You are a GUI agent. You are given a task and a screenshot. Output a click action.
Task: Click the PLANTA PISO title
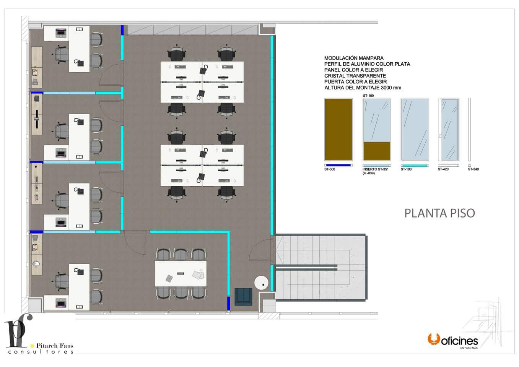(x=439, y=213)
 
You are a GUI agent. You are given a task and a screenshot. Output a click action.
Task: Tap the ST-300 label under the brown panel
(x=330, y=169)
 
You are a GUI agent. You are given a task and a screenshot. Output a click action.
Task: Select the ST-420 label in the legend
(x=443, y=169)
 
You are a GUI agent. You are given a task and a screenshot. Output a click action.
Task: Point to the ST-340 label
(x=473, y=169)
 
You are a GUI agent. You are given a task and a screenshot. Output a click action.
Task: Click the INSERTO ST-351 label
(x=375, y=169)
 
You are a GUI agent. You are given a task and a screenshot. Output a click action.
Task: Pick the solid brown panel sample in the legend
(x=338, y=129)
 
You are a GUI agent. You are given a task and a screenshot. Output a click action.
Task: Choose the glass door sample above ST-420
(x=449, y=129)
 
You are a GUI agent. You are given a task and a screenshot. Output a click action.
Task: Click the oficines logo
(x=453, y=340)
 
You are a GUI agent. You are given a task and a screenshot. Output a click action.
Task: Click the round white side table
(x=262, y=283)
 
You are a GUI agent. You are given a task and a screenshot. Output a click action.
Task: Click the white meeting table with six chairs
(x=181, y=273)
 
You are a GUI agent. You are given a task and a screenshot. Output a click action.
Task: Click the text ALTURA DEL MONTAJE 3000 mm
(x=363, y=88)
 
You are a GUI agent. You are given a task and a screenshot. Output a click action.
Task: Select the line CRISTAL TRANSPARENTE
(x=355, y=76)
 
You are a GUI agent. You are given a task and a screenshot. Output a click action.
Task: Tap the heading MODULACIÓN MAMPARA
(x=354, y=58)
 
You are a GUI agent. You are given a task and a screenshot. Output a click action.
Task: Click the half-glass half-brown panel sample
(x=377, y=129)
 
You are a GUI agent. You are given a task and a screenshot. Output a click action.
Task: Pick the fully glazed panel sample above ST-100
(x=415, y=129)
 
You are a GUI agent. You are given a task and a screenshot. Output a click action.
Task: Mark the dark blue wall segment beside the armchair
(x=228, y=303)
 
